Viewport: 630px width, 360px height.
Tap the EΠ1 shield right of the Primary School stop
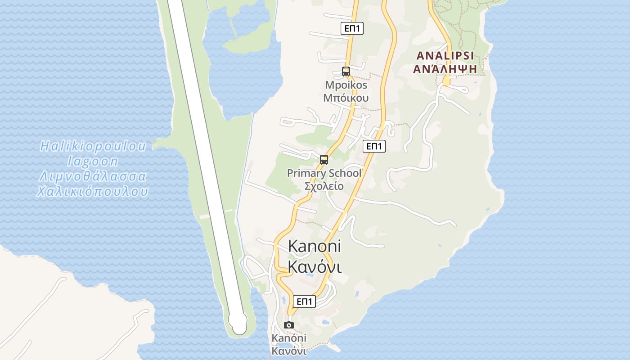(374, 146)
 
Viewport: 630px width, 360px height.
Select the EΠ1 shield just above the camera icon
(304, 301)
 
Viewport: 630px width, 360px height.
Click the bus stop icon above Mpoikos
(346, 71)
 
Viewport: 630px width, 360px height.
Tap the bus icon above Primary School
(324, 159)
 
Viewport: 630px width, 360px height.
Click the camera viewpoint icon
(289, 325)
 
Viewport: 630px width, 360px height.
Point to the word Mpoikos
(346, 85)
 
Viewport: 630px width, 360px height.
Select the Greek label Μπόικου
(346, 98)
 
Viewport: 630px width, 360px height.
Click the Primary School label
(324, 173)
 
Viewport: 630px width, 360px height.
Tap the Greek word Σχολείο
(324, 186)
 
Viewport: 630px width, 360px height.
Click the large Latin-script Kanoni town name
(314, 246)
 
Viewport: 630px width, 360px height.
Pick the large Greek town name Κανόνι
(314, 266)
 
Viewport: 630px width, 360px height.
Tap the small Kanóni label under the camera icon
(289, 338)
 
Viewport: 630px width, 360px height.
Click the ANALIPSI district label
(445, 56)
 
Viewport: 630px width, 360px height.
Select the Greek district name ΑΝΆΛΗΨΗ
(445, 69)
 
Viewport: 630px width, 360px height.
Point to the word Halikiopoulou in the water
(93, 146)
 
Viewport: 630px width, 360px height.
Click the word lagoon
(93, 161)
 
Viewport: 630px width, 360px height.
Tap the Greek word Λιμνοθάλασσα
(93, 176)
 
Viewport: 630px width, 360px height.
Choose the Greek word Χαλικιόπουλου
(93, 192)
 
